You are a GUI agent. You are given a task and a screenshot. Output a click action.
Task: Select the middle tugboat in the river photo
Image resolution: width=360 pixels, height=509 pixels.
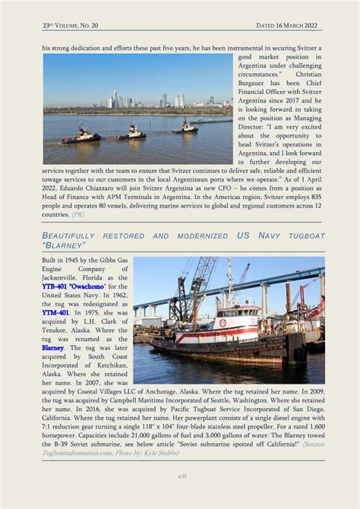(131, 133)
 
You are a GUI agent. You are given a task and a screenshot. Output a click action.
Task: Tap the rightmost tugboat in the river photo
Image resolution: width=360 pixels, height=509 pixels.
(184, 128)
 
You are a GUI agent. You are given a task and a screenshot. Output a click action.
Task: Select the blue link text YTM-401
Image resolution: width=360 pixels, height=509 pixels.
(55, 312)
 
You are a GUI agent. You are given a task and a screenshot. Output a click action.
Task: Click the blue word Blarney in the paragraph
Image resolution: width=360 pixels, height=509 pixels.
(53, 347)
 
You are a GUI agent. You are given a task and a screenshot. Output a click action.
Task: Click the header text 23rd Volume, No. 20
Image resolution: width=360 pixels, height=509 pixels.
(71, 25)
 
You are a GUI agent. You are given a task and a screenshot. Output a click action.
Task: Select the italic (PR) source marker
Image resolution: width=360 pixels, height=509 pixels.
(77, 214)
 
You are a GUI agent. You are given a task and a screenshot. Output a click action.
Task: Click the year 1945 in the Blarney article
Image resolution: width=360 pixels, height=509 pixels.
(70, 260)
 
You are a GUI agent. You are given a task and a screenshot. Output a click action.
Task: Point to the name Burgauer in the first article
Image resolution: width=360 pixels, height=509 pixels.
(258, 83)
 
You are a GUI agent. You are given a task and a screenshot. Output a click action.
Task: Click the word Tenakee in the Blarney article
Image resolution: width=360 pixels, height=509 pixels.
(58, 330)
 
